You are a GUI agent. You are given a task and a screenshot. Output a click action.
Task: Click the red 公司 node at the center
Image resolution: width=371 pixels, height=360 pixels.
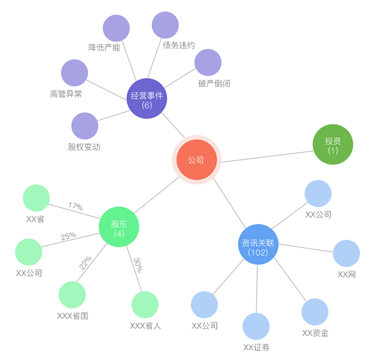pos(196,161)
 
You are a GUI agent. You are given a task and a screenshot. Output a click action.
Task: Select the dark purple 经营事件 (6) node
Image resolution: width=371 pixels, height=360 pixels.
pos(147,99)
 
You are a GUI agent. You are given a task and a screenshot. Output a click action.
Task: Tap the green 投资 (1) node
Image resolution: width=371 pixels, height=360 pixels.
pos(333,145)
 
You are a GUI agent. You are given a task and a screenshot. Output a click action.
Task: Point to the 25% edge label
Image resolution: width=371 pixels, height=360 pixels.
pos(68,236)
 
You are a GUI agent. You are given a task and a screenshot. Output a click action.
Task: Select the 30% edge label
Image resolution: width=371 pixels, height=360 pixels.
pos(138,265)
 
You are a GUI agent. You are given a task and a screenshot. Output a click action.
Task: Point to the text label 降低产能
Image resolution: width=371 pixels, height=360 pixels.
pos(104,47)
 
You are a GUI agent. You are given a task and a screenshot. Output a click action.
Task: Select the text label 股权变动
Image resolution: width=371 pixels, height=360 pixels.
pos(84,146)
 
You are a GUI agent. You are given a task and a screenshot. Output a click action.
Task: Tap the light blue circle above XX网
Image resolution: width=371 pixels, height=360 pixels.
pos(346,253)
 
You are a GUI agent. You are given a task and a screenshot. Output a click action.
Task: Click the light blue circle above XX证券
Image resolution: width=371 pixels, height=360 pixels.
pos(256,326)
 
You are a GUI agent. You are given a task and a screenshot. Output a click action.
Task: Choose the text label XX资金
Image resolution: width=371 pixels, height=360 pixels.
pos(315,333)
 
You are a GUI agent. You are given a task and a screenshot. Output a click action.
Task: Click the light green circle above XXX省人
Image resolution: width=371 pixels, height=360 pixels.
pos(145,305)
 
